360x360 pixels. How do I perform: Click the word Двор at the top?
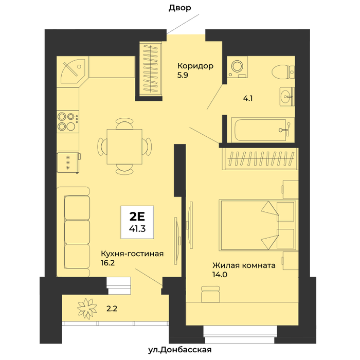(180, 8)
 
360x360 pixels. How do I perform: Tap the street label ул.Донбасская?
(179, 350)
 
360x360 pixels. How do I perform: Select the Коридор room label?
(195, 66)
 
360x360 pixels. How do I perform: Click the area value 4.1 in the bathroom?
(248, 99)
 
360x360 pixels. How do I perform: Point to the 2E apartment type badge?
(137, 222)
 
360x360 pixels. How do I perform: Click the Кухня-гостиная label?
(132, 254)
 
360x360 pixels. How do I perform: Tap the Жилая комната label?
(244, 265)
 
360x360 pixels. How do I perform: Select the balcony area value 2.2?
(112, 309)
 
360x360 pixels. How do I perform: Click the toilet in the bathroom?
(283, 71)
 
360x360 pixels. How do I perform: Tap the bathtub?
(263, 130)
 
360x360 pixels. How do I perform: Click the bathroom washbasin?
(287, 97)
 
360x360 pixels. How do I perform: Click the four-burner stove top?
(68, 121)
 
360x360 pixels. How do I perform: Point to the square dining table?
(124, 147)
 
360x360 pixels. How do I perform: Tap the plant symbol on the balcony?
(86, 309)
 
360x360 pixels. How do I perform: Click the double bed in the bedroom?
(258, 225)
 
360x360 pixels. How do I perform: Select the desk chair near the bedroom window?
(210, 294)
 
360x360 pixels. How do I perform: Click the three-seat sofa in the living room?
(73, 232)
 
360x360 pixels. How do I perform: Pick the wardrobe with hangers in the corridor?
(151, 69)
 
